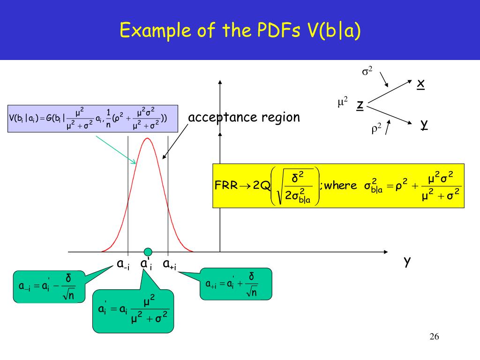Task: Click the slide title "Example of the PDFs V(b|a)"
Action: point(240,31)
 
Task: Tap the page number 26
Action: point(434,337)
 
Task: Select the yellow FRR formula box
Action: point(338,186)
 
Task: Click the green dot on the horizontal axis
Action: point(148,252)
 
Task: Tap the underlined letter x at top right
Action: point(420,83)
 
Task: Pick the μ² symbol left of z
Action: point(343,101)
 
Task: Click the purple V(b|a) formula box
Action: point(93,118)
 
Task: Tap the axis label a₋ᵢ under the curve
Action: point(123,264)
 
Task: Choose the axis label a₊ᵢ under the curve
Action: point(169,264)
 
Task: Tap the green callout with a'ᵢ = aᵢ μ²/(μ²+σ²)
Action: point(133,309)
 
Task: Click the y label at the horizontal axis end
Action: point(407,262)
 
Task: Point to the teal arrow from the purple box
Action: point(116,150)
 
